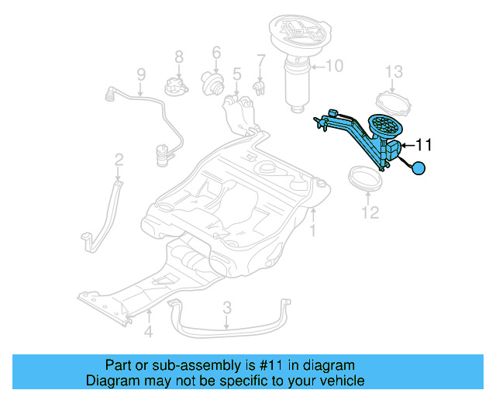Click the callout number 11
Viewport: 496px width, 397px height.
tap(424, 144)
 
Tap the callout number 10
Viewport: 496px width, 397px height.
tap(333, 67)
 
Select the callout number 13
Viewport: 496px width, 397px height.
tap(394, 72)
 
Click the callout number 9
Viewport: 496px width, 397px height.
tap(141, 74)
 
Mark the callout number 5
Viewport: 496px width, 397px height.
tap(236, 74)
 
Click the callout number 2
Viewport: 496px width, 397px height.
tap(119, 161)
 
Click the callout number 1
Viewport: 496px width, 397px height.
tap(313, 231)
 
